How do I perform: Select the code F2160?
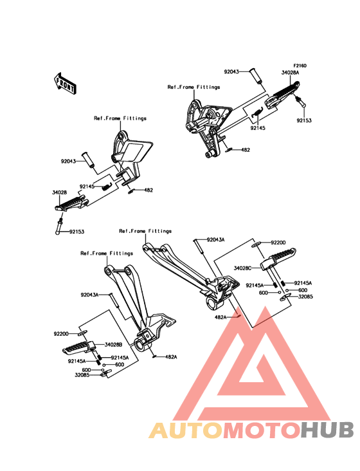(300, 66)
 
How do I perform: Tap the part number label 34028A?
(290, 73)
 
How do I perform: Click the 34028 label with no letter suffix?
(59, 192)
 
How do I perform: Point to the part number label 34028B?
(113, 345)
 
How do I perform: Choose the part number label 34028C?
(243, 268)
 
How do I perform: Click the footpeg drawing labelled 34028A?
(282, 95)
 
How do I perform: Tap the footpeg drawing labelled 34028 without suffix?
(71, 203)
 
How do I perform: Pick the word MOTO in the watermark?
(262, 430)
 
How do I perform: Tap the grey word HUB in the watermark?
(328, 430)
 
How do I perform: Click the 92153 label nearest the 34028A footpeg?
(304, 120)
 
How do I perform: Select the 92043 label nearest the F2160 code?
(231, 72)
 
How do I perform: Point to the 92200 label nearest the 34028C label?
(278, 243)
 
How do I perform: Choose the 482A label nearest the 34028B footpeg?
(171, 357)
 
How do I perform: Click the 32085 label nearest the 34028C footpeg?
(305, 297)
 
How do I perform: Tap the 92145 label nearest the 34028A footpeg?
(258, 128)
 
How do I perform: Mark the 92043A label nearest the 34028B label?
(89, 295)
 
